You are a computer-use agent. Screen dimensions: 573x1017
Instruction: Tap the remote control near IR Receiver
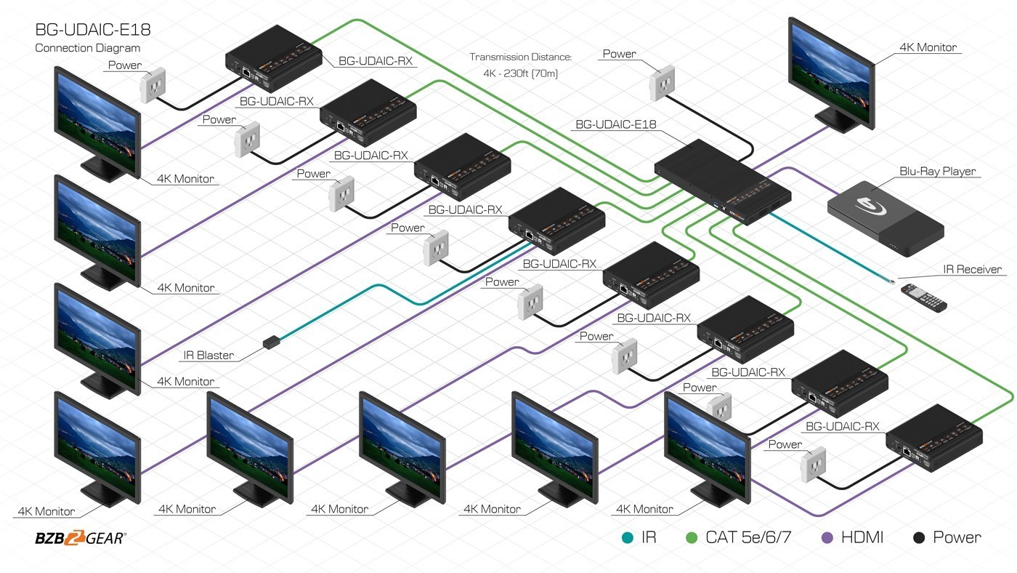point(923,297)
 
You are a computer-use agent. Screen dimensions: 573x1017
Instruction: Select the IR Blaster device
point(271,340)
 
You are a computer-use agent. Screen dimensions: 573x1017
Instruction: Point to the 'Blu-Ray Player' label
point(938,172)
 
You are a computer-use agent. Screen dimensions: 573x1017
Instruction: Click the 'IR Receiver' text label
point(972,270)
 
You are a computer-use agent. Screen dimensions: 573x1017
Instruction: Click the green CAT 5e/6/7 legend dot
point(692,538)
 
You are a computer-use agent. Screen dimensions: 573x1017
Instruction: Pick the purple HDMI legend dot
point(826,538)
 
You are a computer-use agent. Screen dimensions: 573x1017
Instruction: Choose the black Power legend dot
point(918,538)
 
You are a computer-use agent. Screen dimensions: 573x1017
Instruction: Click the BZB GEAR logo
point(80,538)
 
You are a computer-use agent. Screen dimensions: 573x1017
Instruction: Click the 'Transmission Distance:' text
point(520,57)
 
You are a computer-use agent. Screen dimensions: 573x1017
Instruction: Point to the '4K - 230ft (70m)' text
point(520,73)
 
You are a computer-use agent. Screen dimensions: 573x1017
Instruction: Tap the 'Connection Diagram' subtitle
point(87,48)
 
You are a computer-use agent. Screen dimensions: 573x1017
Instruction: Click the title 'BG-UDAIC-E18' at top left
point(93,30)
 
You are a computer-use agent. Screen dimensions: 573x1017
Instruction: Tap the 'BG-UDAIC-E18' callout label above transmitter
point(615,124)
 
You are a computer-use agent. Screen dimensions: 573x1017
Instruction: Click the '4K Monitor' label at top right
point(928,47)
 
